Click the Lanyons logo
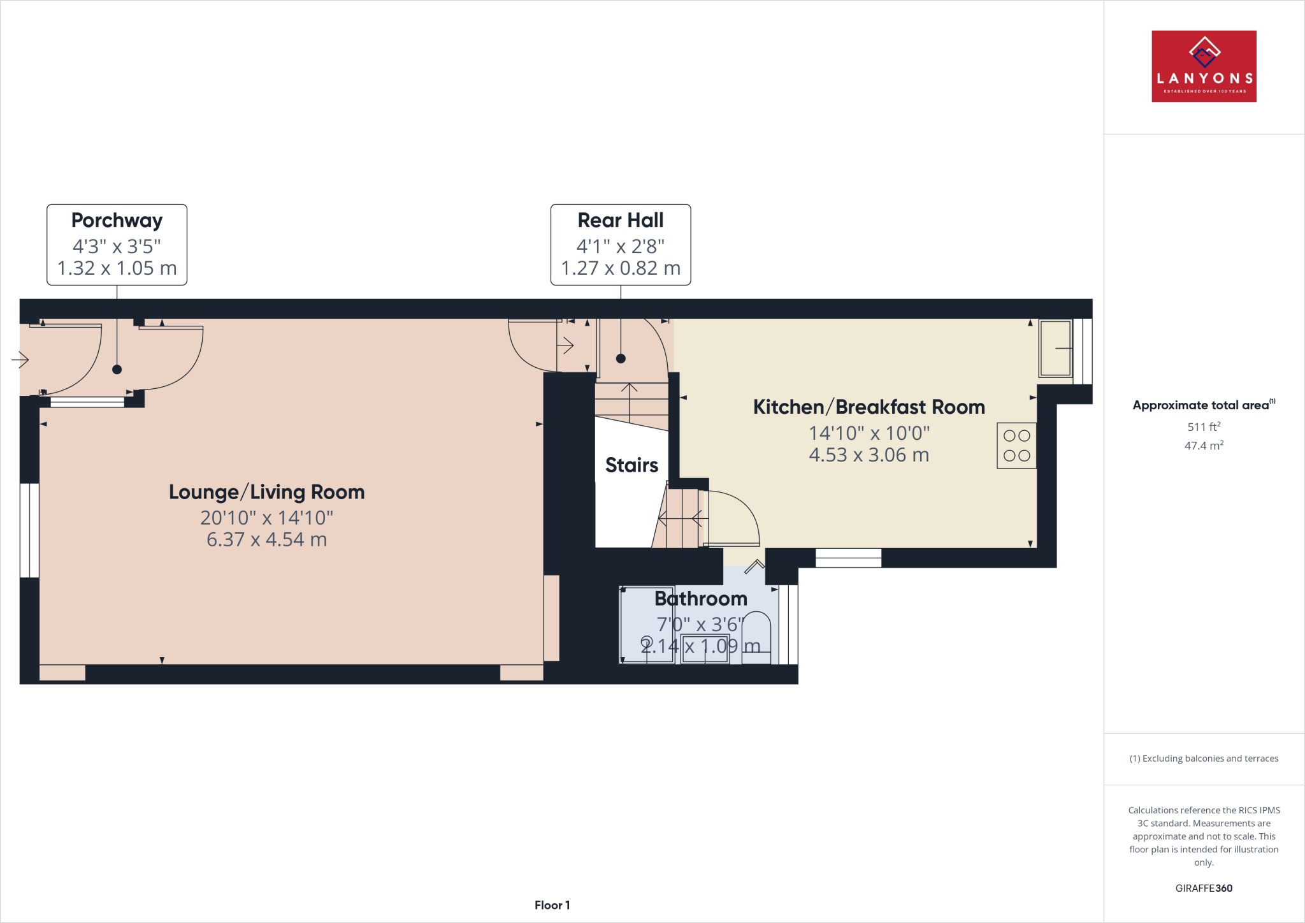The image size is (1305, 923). click(1203, 66)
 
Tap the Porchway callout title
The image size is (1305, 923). click(117, 221)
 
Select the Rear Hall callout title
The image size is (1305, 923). click(620, 221)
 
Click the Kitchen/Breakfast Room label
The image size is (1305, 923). click(869, 407)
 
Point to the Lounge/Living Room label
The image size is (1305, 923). click(266, 492)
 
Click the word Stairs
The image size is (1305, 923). click(631, 465)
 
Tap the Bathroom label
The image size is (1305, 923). click(700, 599)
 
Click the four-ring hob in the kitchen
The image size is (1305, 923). click(1016, 446)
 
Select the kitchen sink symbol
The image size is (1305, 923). click(1055, 348)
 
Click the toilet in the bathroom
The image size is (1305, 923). click(756, 637)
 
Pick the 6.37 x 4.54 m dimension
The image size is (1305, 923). click(266, 540)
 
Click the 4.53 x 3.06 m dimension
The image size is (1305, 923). click(869, 455)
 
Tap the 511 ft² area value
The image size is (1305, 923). click(1203, 427)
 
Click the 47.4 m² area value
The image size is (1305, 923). click(1203, 446)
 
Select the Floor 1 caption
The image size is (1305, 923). click(552, 905)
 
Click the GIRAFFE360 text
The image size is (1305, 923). click(1203, 888)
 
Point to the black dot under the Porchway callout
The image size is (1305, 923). click(117, 369)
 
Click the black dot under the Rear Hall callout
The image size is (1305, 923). click(621, 358)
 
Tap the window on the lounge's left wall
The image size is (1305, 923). click(29, 530)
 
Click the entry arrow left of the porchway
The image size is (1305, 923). click(20, 360)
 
